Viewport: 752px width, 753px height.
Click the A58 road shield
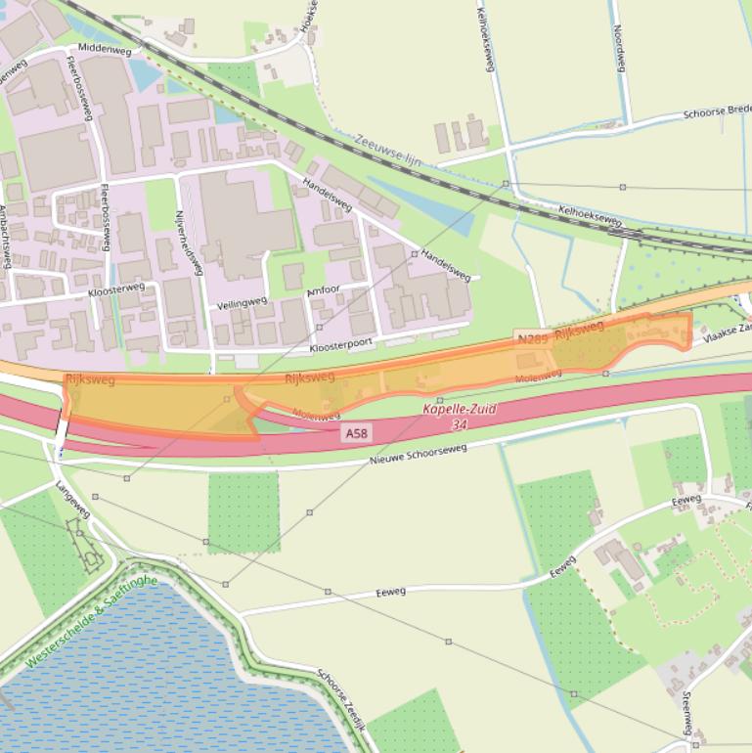pos(356,432)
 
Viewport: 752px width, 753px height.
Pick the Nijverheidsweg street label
pos(188,242)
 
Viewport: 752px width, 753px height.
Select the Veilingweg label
pos(242,303)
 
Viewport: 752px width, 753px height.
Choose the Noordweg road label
pos(619,48)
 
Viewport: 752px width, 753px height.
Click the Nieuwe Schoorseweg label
pos(418,455)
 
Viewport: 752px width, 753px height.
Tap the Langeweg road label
pos(73,499)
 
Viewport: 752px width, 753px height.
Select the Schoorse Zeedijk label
pos(341,700)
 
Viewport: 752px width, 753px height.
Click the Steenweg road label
pos(686,713)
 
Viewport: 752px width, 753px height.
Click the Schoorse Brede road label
pos(717,111)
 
